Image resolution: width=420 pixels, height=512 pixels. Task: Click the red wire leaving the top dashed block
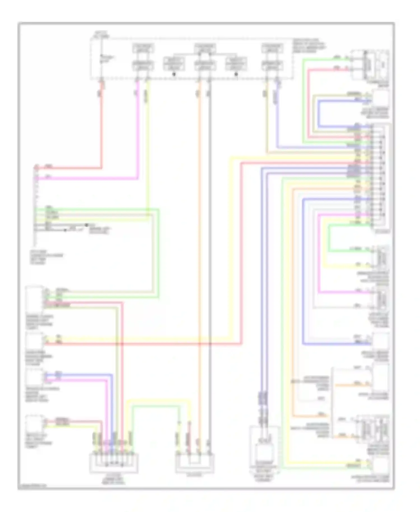pos(101,126)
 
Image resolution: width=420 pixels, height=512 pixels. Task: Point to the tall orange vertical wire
pos(199,252)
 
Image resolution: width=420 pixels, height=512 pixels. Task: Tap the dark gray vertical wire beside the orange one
pos(209,252)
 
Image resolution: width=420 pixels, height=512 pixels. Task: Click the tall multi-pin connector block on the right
pos(380,176)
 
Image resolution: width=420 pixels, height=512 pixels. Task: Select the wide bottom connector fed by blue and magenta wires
pos(113,464)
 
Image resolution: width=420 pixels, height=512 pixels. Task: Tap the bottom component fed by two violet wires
pos(264,451)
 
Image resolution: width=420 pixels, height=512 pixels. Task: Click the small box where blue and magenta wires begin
pos(34,377)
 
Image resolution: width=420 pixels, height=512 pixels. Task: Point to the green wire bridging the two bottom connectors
pos(156,406)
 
